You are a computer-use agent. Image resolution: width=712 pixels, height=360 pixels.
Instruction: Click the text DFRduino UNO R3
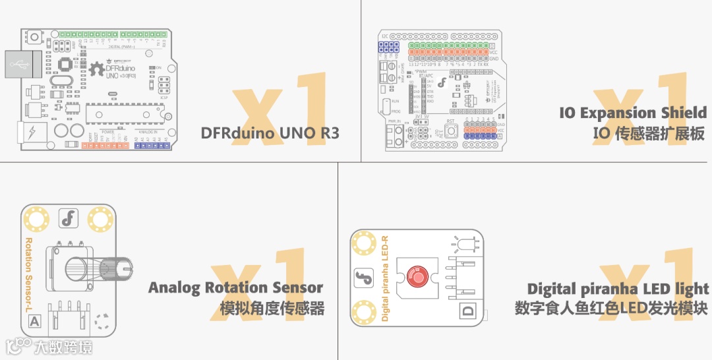click(x=270, y=133)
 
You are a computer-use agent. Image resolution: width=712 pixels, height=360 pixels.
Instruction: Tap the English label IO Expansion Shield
click(x=633, y=113)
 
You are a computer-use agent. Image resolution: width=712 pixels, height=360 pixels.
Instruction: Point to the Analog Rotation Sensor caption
click(x=235, y=287)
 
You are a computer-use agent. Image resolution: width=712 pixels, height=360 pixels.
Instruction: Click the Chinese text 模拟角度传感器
click(x=272, y=308)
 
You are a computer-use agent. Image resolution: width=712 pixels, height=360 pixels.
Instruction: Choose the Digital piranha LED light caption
click(x=618, y=289)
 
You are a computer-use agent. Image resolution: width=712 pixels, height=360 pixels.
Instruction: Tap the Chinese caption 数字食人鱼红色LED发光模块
click(x=611, y=309)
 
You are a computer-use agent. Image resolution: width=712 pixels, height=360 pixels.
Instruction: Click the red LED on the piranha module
click(x=417, y=276)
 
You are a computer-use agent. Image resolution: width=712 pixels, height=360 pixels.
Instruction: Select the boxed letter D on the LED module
click(x=469, y=312)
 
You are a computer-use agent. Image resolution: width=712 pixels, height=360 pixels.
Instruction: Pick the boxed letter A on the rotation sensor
click(x=33, y=322)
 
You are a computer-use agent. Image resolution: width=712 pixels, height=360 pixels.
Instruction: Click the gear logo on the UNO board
click(x=97, y=68)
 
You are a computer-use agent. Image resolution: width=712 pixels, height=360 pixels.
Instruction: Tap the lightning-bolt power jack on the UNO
click(x=30, y=134)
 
